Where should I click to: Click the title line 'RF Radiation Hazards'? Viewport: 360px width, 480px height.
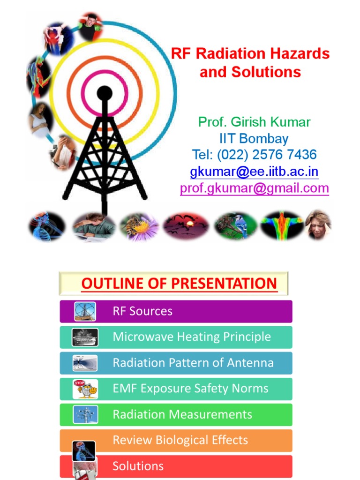click(x=250, y=53)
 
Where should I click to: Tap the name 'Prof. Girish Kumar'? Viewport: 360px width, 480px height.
click(x=254, y=122)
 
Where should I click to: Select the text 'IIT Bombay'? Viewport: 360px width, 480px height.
click(x=254, y=139)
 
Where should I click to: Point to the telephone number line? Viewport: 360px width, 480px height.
click(x=254, y=155)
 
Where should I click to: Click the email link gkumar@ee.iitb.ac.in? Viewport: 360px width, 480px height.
click(x=254, y=172)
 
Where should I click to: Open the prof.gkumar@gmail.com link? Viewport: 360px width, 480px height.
click(x=254, y=188)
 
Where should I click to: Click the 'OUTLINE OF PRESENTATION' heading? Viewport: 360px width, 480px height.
click(x=179, y=284)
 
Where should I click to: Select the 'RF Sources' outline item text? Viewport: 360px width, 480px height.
click(x=142, y=311)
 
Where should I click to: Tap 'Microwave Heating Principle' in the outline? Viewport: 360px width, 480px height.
click(x=191, y=337)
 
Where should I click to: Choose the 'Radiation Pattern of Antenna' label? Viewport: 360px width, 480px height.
click(x=193, y=363)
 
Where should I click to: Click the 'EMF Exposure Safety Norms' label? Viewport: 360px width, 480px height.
click(x=190, y=389)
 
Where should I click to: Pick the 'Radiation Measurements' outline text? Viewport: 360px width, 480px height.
click(x=182, y=414)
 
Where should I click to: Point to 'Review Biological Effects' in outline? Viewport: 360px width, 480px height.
click(x=180, y=440)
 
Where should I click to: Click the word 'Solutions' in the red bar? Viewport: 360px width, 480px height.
click(x=138, y=466)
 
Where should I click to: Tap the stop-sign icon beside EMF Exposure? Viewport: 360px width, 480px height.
click(x=85, y=389)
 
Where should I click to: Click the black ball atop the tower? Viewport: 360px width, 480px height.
click(x=104, y=93)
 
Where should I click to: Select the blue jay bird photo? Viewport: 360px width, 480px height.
click(x=235, y=226)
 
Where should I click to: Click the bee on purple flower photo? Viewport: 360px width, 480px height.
click(x=140, y=226)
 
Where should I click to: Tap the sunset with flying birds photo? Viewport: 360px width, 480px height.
click(x=187, y=226)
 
